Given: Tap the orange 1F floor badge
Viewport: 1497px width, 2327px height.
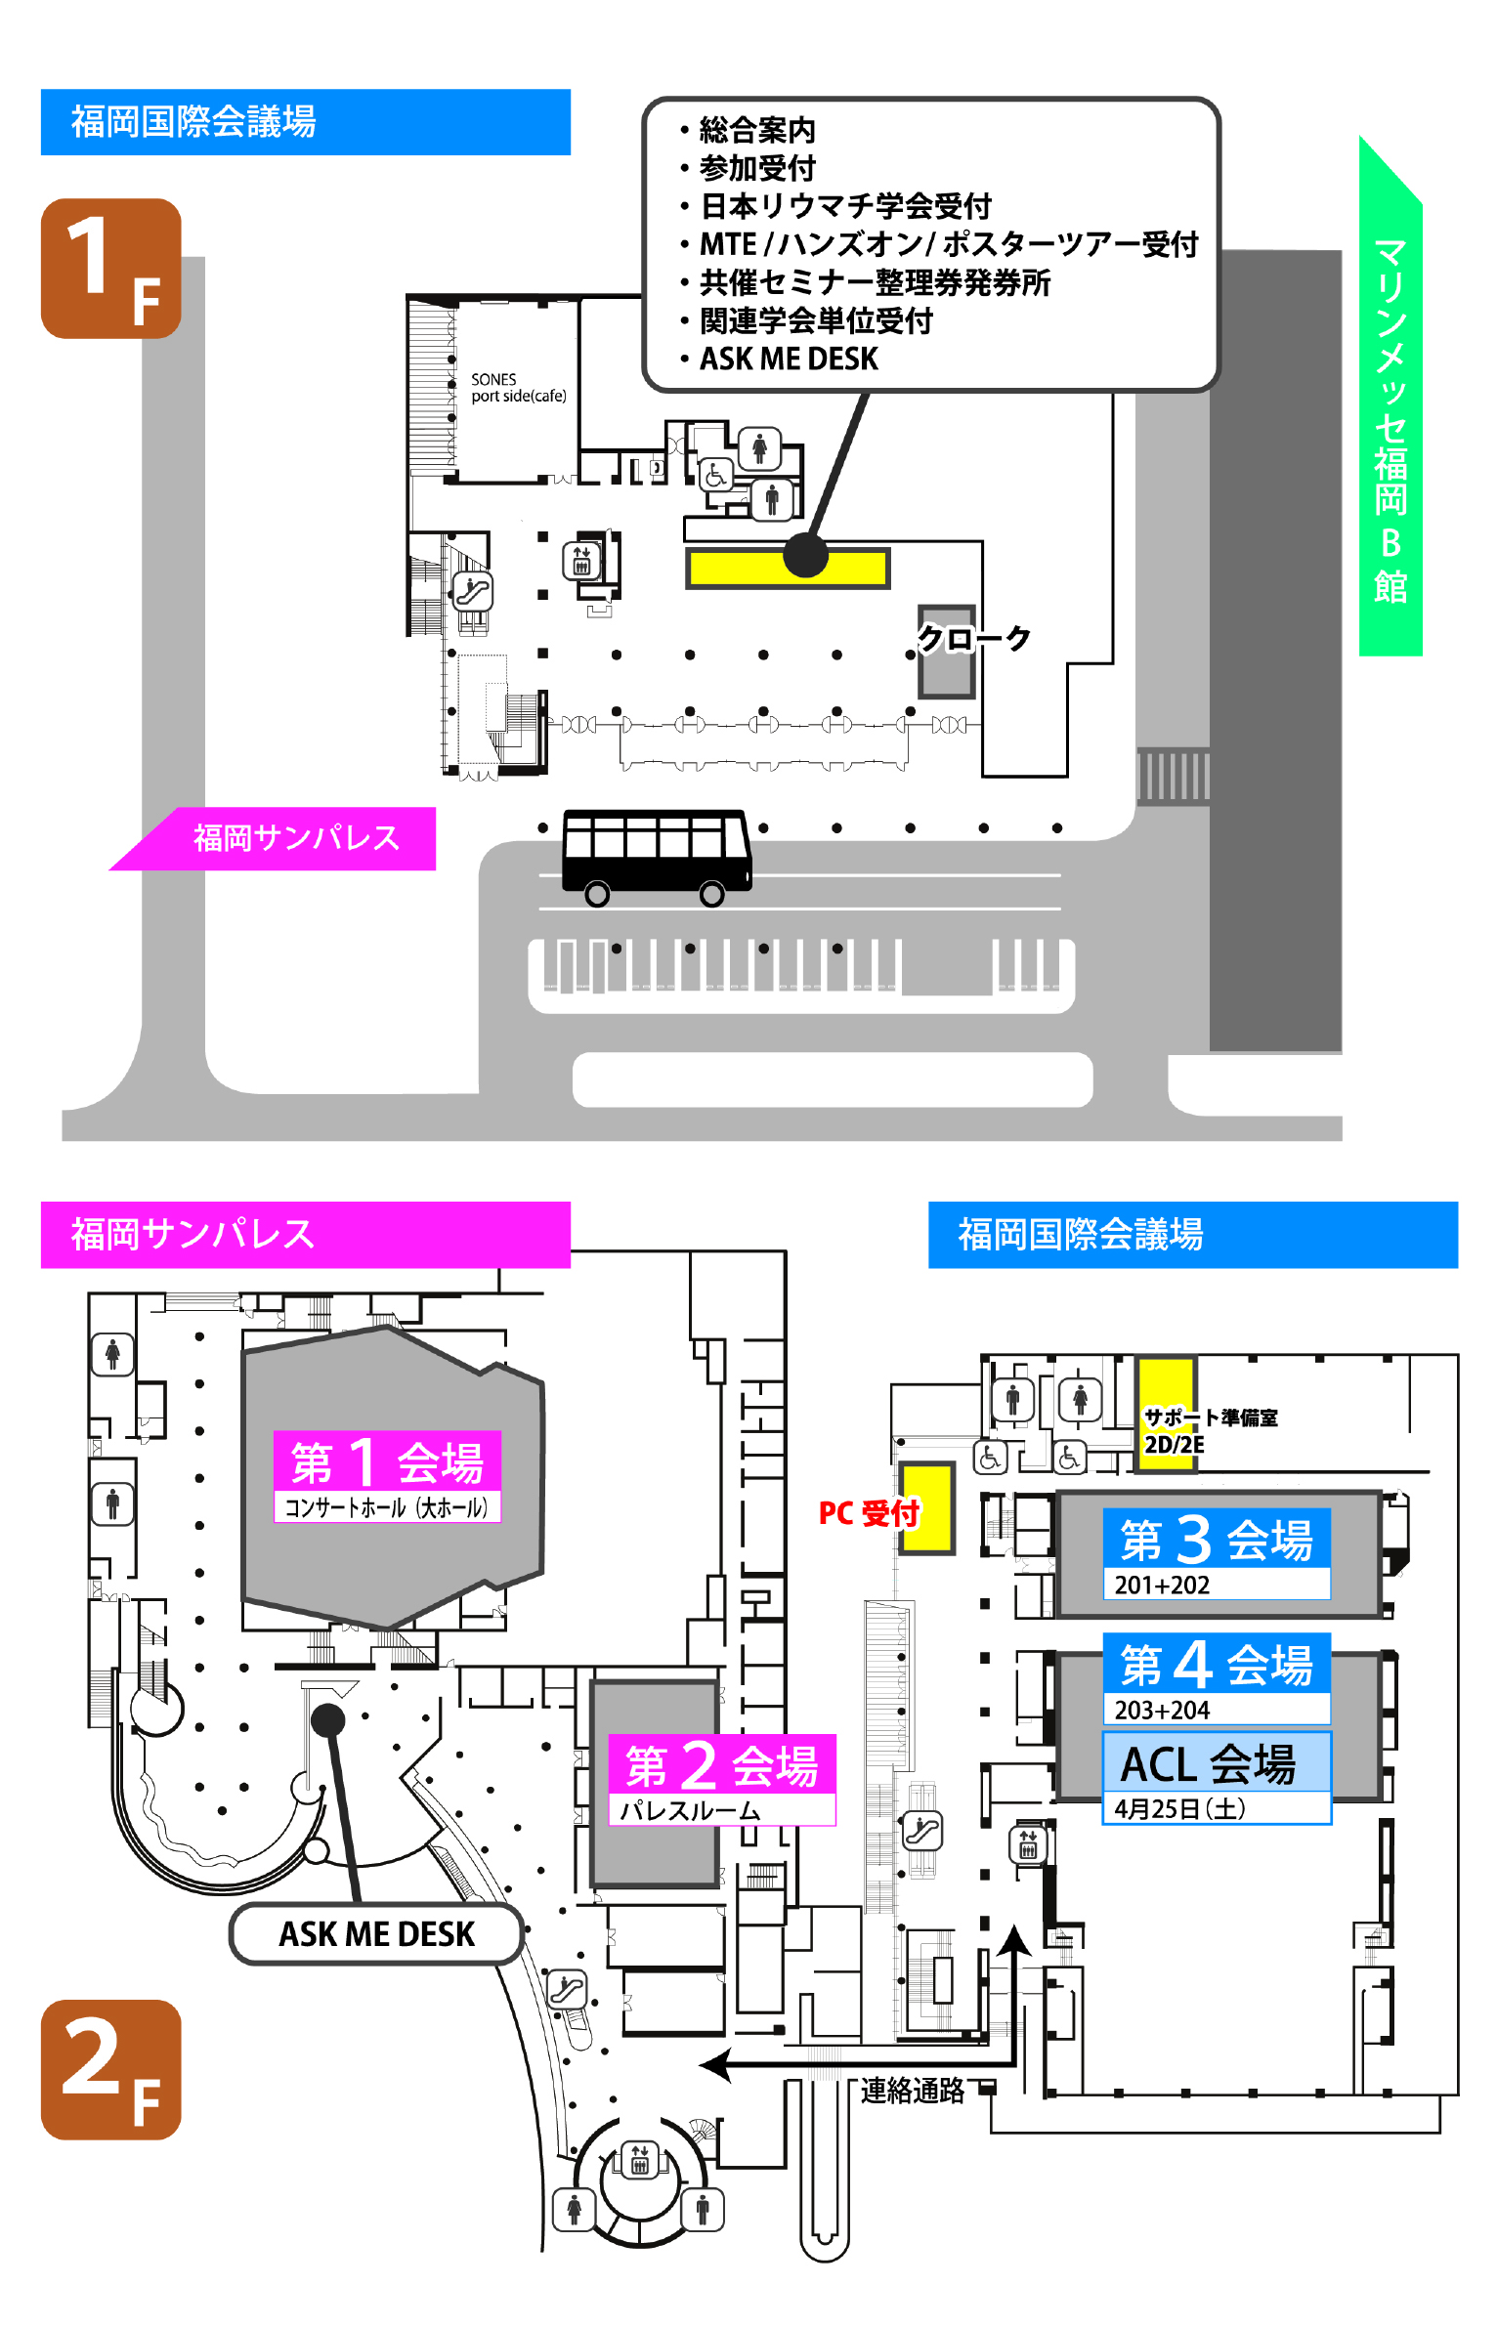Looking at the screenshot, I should [110, 269].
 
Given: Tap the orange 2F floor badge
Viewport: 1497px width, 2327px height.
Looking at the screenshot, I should [110, 2069].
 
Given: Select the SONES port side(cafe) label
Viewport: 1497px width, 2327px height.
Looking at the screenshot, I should [518, 388].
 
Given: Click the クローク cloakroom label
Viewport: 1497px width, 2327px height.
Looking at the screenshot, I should [973, 639].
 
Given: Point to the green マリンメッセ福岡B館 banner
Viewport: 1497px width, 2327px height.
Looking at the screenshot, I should [1390, 420].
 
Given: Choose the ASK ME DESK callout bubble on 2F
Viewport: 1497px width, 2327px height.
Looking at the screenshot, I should [376, 1933].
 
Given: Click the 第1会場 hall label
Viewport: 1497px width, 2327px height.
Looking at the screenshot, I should [387, 1476].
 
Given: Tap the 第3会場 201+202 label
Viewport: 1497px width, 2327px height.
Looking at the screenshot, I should [1216, 1554].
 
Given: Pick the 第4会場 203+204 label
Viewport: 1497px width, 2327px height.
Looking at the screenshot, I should [1216, 1678].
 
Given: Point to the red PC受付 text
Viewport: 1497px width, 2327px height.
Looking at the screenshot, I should [868, 1512].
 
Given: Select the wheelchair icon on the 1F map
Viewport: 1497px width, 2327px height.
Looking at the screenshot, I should [715, 476].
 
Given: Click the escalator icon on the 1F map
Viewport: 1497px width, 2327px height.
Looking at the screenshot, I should [473, 591].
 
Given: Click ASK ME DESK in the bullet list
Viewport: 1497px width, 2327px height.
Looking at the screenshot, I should [789, 360].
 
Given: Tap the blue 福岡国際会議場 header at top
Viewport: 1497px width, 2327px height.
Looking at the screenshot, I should [305, 122].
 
